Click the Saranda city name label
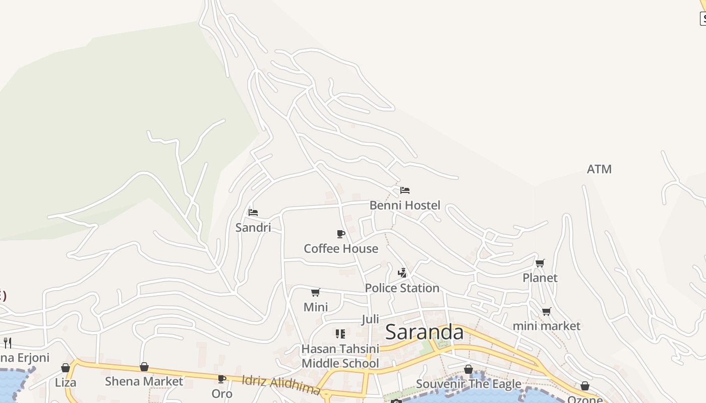[x=424, y=332]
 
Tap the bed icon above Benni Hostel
[x=404, y=190]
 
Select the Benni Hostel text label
[x=404, y=206]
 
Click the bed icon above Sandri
[x=253, y=213]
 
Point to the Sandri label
[x=253, y=228]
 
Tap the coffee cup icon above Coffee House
[x=341, y=234]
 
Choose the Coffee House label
[x=341, y=249]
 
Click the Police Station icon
[x=402, y=273]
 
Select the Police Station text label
[x=402, y=288]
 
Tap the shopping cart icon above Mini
[x=316, y=292]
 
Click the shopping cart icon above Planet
[x=540, y=263]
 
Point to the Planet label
[x=540, y=278]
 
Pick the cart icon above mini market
[x=547, y=311]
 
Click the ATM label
[x=599, y=169]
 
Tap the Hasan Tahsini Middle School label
[x=340, y=356]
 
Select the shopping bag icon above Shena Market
[x=144, y=367]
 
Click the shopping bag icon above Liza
[x=66, y=368]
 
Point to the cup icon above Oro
[x=221, y=379]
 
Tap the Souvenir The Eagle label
[x=468, y=384]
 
